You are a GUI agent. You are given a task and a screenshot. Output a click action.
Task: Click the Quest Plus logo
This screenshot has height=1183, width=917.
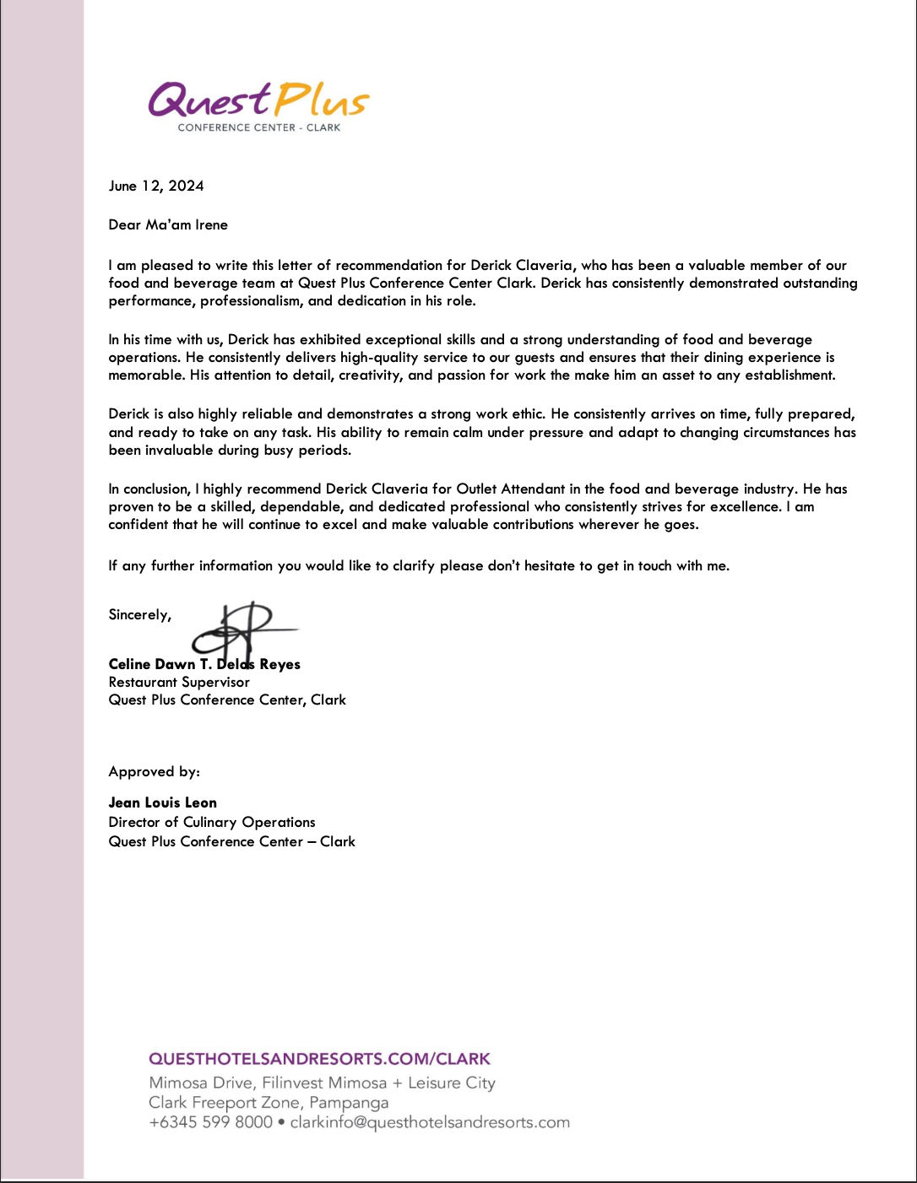pos(258,101)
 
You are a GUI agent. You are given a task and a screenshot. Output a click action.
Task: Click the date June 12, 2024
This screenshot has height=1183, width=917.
pos(156,186)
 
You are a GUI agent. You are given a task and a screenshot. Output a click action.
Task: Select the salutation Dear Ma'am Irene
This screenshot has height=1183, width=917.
pos(168,225)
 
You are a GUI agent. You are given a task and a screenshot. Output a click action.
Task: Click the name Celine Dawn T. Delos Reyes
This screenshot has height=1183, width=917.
pos(204,665)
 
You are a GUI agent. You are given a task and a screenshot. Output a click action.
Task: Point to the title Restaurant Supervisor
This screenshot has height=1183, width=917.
pos(179,683)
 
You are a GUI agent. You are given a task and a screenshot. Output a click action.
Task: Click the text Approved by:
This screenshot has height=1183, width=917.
pos(154,772)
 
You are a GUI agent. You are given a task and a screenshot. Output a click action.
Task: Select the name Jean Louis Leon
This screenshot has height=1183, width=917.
pos(162,803)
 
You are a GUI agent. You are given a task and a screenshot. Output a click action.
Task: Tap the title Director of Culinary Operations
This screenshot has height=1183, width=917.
pos(211,823)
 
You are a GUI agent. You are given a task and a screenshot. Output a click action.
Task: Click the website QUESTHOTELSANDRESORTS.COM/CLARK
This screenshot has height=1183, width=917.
pos(319,1059)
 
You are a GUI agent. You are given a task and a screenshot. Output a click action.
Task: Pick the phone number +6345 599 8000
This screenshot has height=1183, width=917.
pos(210,1123)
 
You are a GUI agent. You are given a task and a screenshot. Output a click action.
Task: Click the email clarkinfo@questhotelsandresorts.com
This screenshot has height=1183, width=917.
pos(430,1123)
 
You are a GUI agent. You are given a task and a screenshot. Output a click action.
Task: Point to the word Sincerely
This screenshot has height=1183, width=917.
pos(139,615)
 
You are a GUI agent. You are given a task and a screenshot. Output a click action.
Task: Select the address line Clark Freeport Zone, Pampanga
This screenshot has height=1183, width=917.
pos(269,1103)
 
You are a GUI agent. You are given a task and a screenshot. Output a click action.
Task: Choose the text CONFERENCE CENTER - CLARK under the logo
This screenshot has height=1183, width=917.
pos(258,128)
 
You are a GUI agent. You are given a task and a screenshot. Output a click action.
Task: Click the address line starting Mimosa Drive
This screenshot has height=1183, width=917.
pos(322,1083)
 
